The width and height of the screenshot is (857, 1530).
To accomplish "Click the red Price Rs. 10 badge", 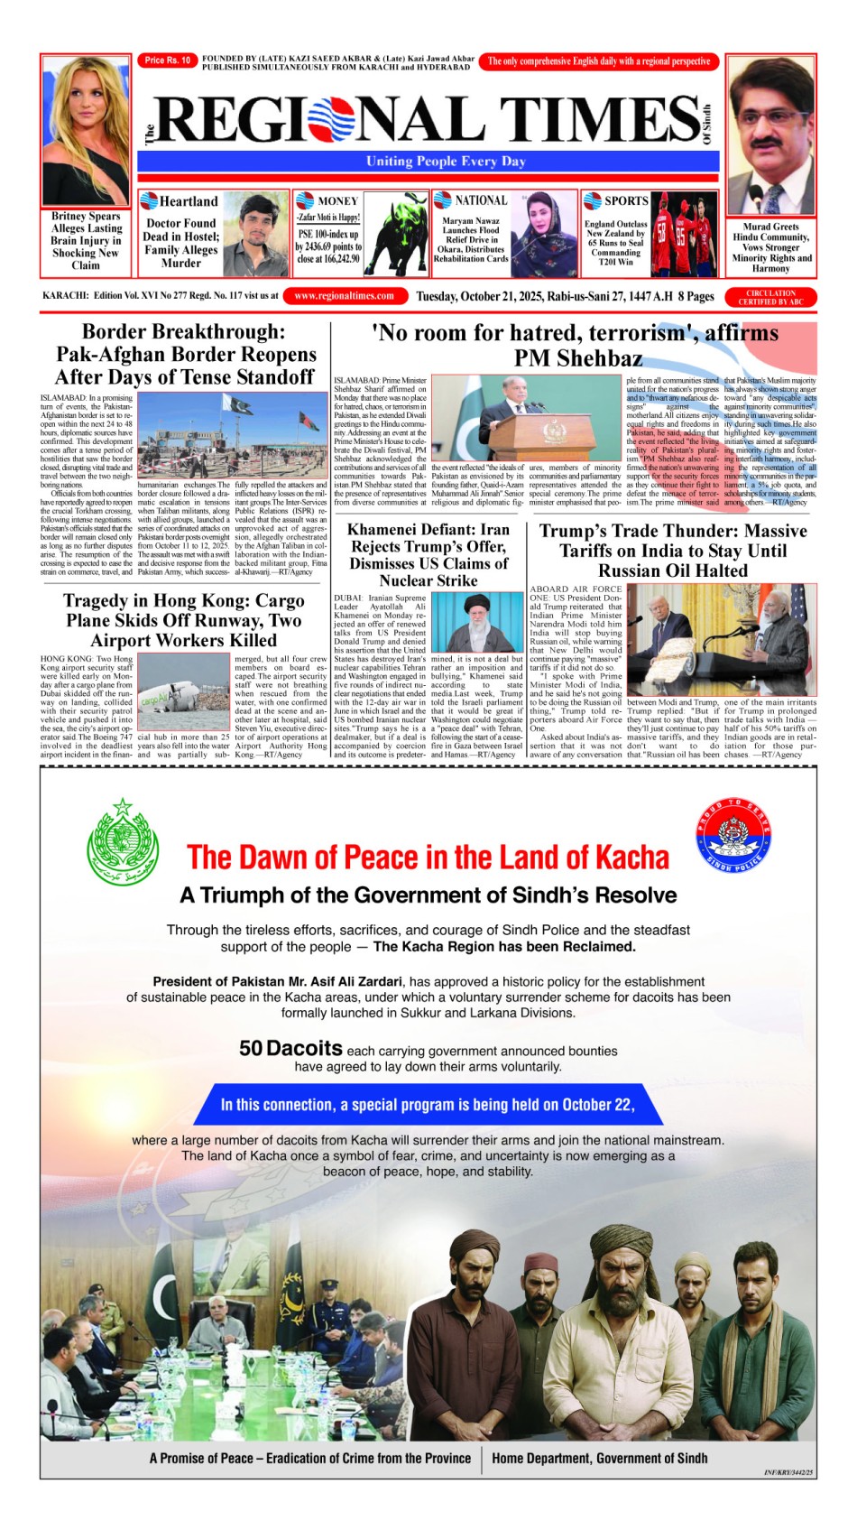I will [168, 60].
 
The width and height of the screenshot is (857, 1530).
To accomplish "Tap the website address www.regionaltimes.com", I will [344, 296].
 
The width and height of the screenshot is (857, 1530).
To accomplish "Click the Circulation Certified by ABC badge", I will [770, 297].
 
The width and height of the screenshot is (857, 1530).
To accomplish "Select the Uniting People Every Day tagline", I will [446, 162].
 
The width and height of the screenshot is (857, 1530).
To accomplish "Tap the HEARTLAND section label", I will [188, 201].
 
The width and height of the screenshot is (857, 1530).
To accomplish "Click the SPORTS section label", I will [625, 200].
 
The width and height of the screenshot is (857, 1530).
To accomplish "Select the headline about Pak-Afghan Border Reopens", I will [185, 354].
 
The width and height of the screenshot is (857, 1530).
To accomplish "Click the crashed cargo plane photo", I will [183, 692].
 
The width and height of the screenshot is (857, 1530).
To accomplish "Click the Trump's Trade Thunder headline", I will [673, 551].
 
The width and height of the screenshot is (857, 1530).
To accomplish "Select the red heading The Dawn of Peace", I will [428, 858].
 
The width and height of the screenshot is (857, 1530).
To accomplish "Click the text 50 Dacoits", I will [290, 1048].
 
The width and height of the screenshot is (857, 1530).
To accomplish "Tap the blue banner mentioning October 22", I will [428, 1105].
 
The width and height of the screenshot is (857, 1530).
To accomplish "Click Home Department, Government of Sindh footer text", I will [599, 1458].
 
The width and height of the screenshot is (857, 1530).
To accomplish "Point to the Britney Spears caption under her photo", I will [86, 241].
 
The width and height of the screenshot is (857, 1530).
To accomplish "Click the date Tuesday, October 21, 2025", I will [544, 296].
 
